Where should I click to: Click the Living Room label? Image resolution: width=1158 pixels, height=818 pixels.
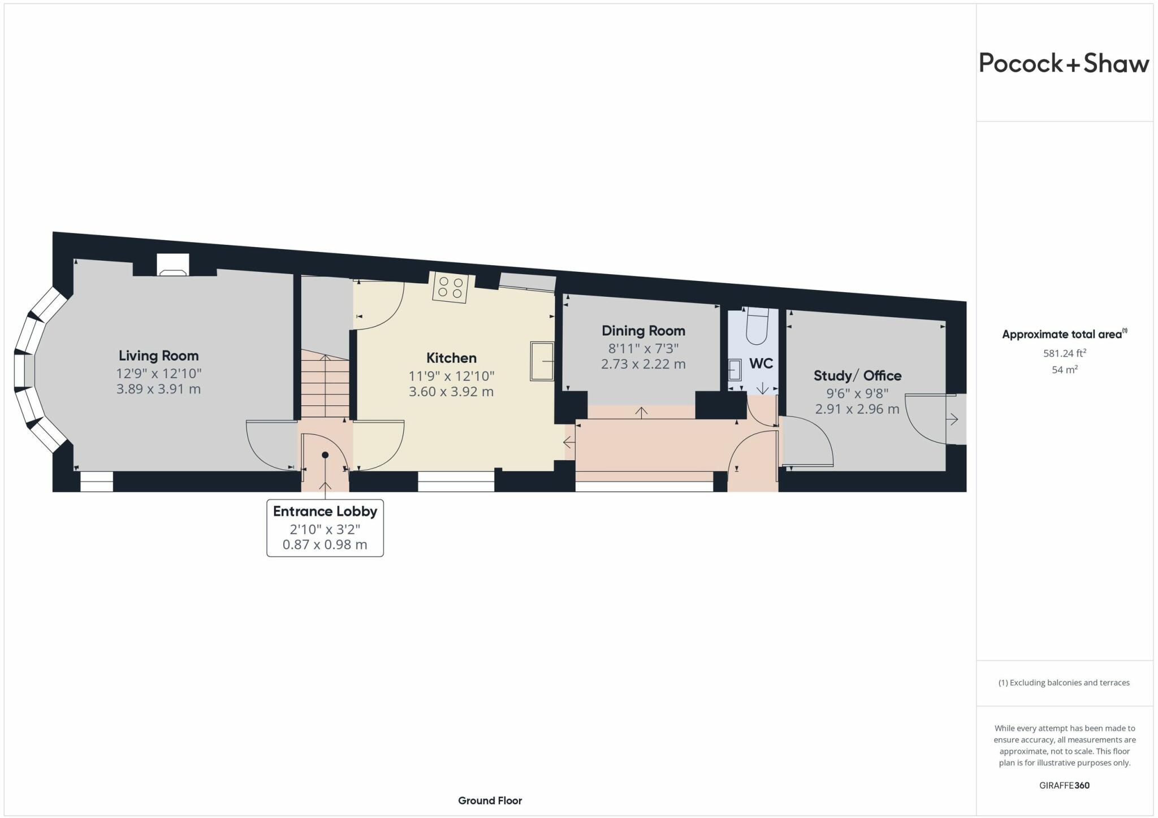point(158,356)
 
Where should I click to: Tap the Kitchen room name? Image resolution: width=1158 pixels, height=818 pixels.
point(451,358)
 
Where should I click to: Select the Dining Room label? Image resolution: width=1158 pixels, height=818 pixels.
point(643,331)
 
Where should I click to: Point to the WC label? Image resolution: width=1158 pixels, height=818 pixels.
point(761,363)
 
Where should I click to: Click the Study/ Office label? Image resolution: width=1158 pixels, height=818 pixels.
point(857,375)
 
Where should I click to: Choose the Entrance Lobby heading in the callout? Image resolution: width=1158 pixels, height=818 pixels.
point(325,511)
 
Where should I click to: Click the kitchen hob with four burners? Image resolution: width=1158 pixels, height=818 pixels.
point(451,287)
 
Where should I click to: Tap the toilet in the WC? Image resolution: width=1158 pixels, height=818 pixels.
point(757,326)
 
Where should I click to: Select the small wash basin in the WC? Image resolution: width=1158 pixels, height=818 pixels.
point(734,371)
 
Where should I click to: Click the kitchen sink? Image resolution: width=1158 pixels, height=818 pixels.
point(542,361)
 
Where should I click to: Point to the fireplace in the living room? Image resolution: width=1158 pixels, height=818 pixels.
point(173,265)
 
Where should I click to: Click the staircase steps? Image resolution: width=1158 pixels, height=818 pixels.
point(325,384)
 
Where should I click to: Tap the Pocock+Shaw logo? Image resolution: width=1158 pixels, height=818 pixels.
point(1064,63)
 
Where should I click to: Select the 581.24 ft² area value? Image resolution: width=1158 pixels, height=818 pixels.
point(1064,354)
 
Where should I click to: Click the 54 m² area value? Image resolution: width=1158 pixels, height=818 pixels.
point(1064,370)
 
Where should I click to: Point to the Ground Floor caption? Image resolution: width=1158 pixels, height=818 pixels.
point(490,800)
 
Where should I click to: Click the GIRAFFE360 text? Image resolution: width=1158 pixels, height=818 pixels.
point(1064,785)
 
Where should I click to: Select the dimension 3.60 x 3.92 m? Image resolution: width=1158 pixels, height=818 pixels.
point(451,391)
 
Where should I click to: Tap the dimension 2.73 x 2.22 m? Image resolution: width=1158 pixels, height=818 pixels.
point(643,364)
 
